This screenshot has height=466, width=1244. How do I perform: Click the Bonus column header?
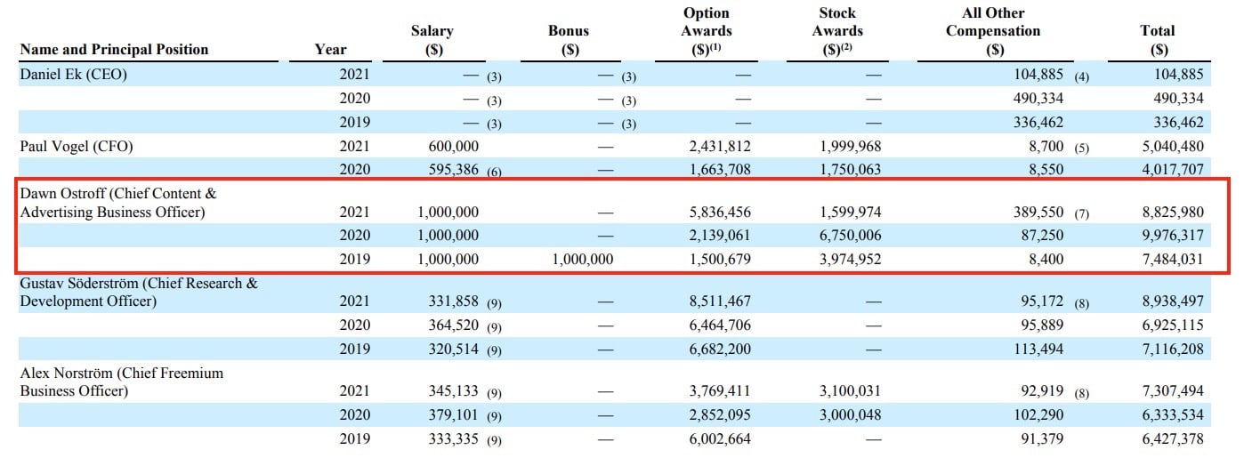click(x=569, y=40)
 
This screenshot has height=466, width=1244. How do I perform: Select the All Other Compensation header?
click(x=994, y=31)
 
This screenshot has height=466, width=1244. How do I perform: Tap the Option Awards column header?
click(x=707, y=31)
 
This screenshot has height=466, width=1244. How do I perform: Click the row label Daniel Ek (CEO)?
click(x=73, y=75)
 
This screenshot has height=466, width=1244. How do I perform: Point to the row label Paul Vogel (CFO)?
click(x=77, y=147)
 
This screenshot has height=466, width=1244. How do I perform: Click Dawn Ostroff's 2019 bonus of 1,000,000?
click(x=583, y=259)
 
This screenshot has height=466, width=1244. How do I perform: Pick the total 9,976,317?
click(x=1173, y=235)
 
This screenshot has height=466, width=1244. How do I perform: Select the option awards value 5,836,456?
click(x=720, y=212)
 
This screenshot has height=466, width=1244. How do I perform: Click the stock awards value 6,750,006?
click(x=851, y=235)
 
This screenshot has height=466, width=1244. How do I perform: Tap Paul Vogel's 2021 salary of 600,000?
click(x=453, y=147)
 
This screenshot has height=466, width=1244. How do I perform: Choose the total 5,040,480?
click(x=1173, y=147)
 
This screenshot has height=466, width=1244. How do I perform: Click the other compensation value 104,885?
click(x=1038, y=75)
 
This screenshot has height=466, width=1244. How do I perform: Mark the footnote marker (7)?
click(x=1081, y=213)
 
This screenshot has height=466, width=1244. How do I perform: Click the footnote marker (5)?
click(x=1081, y=149)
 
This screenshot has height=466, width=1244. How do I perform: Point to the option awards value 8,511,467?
click(x=720, y=301)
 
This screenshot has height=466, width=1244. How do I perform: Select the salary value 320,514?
click(x=453, y=349)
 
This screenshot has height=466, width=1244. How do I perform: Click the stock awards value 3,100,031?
click(x=851, y=391)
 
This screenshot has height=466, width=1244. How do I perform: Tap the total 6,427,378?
click(x=1173, y=438)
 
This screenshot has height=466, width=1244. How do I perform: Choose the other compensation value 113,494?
click(x=1038, y=349)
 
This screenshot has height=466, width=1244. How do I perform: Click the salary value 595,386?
click(x=453, y=170)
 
